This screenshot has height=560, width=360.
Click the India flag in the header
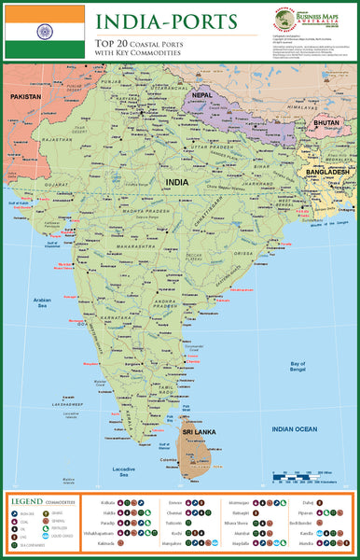[x=44, y=31]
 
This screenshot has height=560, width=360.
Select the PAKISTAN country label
[x=27, y=96]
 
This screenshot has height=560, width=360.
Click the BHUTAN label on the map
[x=326, y=123]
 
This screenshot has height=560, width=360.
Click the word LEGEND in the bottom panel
[x=27, y=501]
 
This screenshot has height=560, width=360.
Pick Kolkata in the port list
[x=105, y=502]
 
